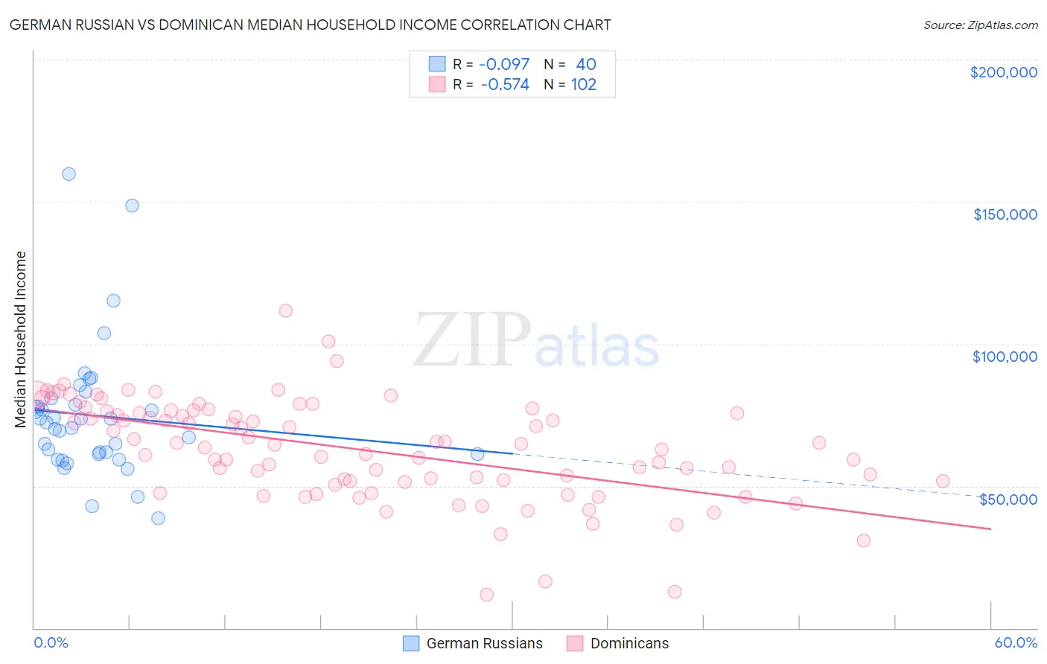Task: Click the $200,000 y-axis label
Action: [1003, 72]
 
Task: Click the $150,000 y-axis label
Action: [1005, 214]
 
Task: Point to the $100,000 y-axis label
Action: [1005, 357]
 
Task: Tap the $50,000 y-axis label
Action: [1008, 499]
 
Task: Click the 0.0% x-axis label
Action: [51, 642]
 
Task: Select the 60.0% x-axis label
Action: [1016, 642]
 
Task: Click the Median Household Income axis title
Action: [20, 339]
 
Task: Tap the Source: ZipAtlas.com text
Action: [980, 25]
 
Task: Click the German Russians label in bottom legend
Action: [484, 643]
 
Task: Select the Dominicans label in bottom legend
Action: [629, 643]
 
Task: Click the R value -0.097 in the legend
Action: [504, 65]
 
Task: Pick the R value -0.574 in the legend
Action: [504, 85]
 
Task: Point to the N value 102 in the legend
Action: [584, 85]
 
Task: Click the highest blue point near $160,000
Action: [69, 174]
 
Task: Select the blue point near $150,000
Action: [132, 205]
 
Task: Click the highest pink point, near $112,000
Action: [285, 311]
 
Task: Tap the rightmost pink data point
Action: [943, 481]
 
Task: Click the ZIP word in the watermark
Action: [471, 341]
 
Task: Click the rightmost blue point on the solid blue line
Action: [477, 454]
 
